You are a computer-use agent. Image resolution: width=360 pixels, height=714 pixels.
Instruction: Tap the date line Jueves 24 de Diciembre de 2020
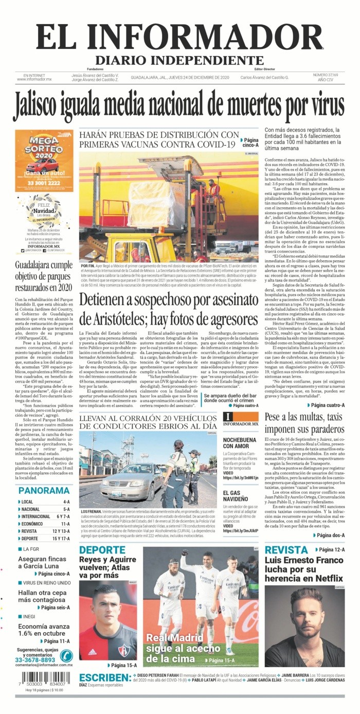coord(179,78)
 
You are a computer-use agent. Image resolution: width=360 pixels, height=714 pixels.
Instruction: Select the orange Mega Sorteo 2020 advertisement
coord(44,160)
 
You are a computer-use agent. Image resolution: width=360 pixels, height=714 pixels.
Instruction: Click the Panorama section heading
coord(44,490)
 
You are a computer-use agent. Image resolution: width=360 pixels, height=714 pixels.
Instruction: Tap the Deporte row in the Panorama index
coord(44,539)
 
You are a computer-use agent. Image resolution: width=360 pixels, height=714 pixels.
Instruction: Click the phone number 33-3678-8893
coord(35,660)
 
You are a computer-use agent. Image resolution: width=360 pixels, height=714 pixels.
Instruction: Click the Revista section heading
coord(286,550)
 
